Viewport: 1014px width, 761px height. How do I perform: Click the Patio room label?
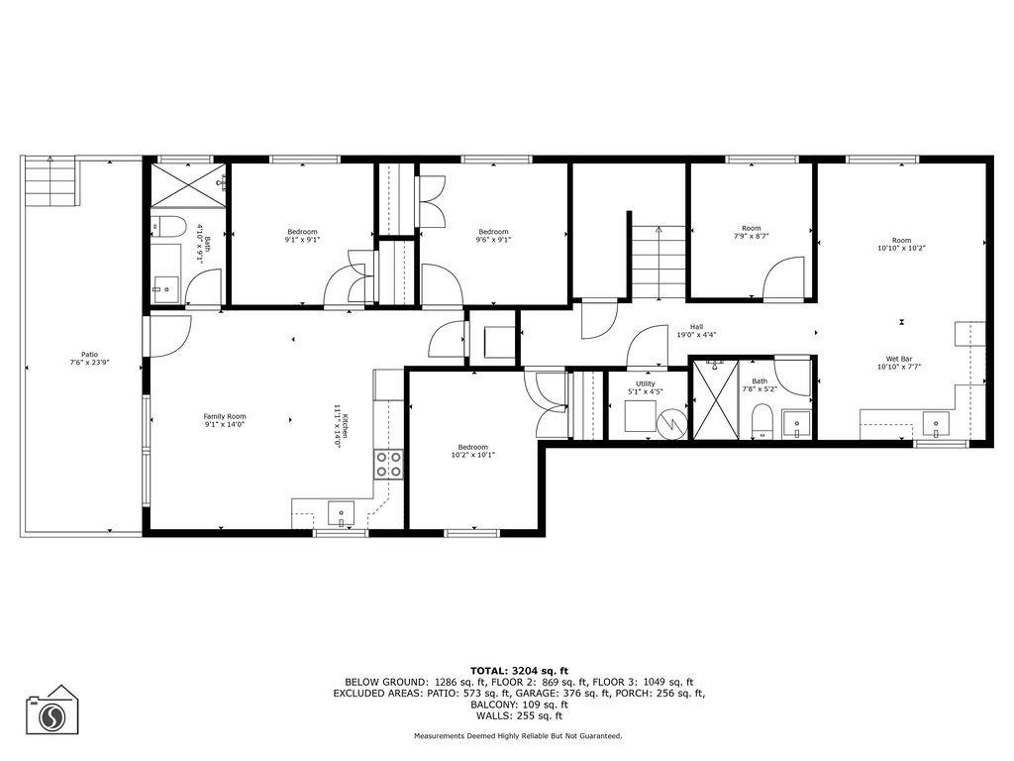tap(89, 354)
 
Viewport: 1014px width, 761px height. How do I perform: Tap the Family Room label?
tap(225, 416)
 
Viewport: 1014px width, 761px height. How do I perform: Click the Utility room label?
tap(646, 382)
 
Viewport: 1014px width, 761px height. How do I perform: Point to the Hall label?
tap(696, 326)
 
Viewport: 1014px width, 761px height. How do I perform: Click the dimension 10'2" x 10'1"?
tap(472, 455)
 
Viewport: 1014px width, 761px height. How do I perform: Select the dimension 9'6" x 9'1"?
tap(493, 239)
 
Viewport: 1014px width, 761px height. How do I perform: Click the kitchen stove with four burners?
tap(388, 464)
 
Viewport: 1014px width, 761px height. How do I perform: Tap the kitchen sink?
tap(342, 515)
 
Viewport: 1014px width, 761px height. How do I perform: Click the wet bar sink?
tap(935, 425)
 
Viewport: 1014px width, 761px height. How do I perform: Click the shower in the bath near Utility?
tap(714, 399)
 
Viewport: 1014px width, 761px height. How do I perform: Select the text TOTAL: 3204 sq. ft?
tap(519, 671)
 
